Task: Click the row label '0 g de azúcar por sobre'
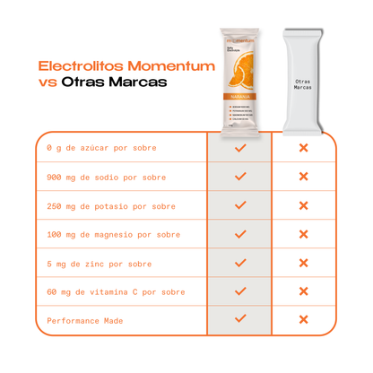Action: click(x=101, y=149)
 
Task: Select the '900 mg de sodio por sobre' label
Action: click(x=106, y=178)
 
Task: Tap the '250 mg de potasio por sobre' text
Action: click(x=110, y=206)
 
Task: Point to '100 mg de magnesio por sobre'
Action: click(x=113, y=235)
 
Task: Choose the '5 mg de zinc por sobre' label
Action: click(x=99, y=264)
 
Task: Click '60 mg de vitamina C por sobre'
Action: click(x=116, y=292)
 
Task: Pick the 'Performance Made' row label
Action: click(x=85, y=320)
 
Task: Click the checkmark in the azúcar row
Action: click(x=239, y=148)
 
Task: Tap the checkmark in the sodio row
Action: click(x=239, y=177)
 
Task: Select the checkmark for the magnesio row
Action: click(x=239, y=234)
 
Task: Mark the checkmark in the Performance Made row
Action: click(x=239, y=318)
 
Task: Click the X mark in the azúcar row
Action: click(x=303, y=148)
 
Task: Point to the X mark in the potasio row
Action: click(x=303, y=205)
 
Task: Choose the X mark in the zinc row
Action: click(x=303, y=263)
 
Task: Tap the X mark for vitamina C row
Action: click(x=303, y=291)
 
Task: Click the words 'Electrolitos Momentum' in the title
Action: click(x=126, y=66)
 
